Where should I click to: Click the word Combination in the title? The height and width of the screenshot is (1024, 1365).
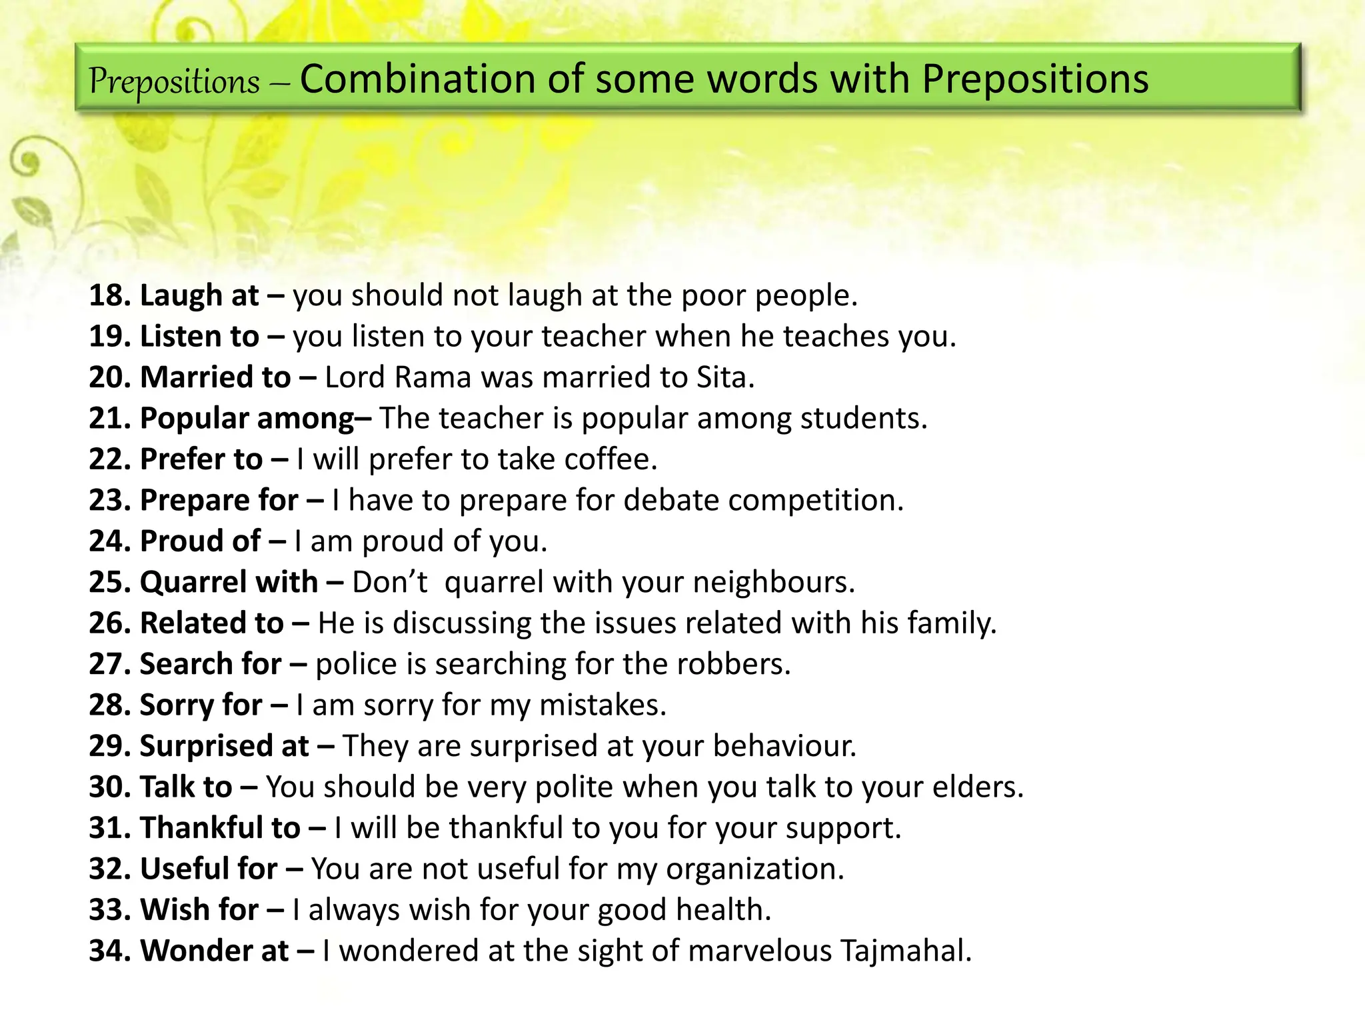point(417,79)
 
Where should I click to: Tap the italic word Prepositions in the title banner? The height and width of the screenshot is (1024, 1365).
point(175,82)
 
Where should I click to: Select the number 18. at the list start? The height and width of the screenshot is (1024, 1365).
point(110,295)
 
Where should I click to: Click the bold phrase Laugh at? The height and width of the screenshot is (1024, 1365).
point(199,295)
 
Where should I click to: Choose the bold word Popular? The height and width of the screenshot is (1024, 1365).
point(195,419)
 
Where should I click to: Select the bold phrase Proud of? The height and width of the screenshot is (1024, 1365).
point(200,541)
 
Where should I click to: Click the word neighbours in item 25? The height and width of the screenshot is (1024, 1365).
point(773,582)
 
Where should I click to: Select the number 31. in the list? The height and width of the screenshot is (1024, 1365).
point(110,828)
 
